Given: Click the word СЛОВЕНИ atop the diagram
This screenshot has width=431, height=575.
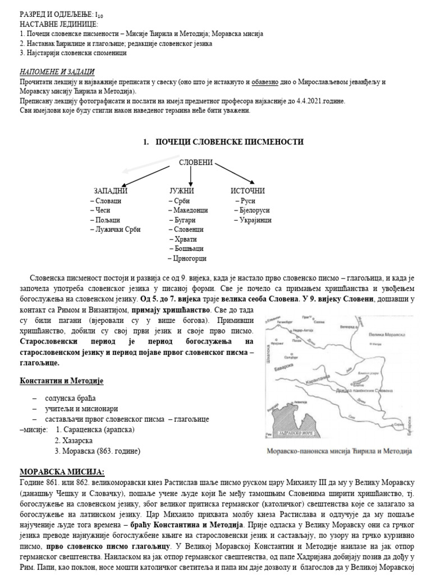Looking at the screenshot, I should [196, 162].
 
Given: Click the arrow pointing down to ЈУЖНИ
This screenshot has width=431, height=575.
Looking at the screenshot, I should [191, 176].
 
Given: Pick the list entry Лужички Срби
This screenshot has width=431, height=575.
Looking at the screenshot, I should [117, 229].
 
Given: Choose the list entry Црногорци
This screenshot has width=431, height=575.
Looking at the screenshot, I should [189, 258].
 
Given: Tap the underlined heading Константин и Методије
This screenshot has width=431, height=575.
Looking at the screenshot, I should [62, 381].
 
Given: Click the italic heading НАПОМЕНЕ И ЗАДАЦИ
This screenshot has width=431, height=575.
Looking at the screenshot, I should [57, 72].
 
